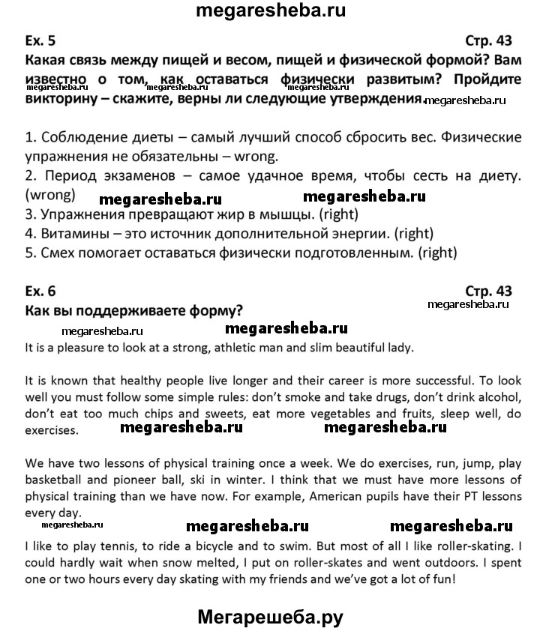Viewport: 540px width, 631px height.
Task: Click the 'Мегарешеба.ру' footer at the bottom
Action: [270, 616]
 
